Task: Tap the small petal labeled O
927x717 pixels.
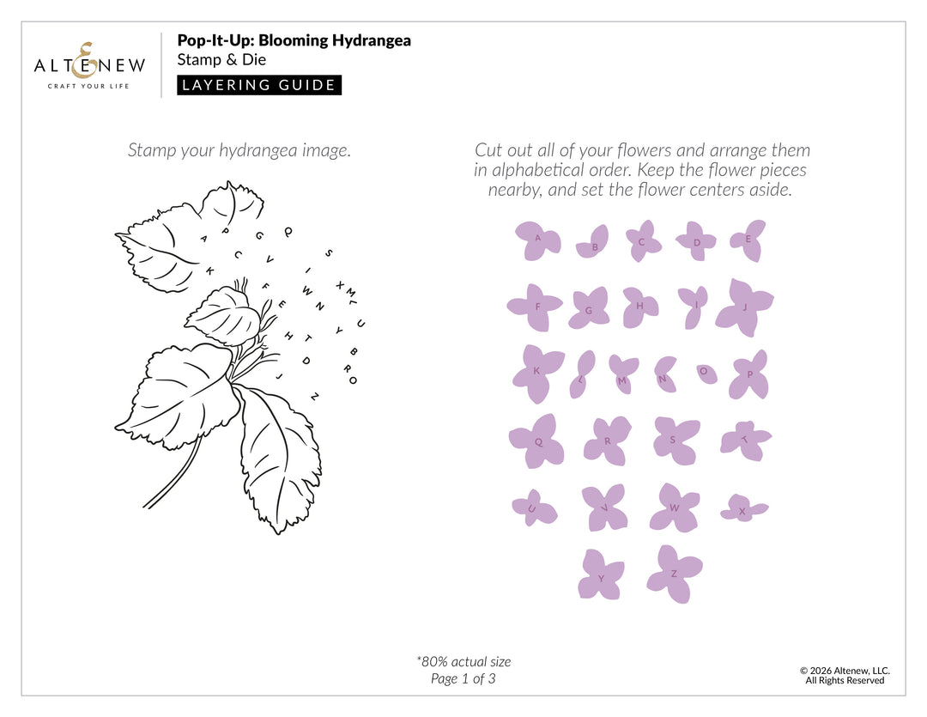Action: click(706, 373)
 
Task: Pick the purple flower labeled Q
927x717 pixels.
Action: click(536, 441)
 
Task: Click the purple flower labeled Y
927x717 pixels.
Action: click(600, 574)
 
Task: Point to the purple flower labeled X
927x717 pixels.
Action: click(742, 508)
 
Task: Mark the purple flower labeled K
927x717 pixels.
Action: click(536, 372)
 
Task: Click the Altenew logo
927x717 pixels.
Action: click(89, 64)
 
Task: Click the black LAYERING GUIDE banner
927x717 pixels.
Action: click(259, 85)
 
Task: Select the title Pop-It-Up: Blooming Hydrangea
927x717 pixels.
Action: click(294, 40)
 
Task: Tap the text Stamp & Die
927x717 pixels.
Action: click(221, 60)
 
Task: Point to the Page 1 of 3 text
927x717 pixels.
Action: click(463, 678)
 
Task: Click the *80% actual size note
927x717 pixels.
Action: click(463, 661)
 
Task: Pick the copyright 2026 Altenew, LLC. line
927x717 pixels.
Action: click(845, 671)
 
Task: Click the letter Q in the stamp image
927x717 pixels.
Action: click(288, 230)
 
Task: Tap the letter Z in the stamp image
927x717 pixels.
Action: click(315, 396)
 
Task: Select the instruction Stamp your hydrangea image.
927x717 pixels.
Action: click(239, 150)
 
